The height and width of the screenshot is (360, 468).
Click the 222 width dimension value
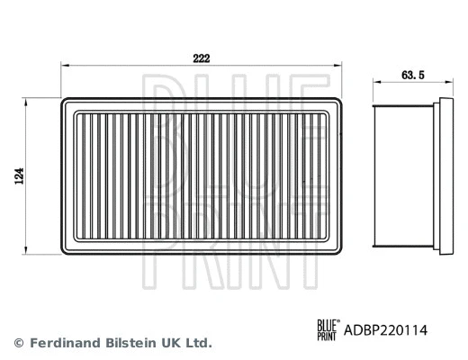pyautogui.click(x=202, y=56)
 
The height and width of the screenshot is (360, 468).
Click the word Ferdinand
pyautogui.click(x=63, y=343)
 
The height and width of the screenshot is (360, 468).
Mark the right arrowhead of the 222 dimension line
pyautogui.click(x=341, y=66)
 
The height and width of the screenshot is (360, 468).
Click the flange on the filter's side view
pyautogui.click(x=444, y=173)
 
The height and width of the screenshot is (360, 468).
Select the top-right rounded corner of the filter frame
pyautogui.click(x=342, y=102)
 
